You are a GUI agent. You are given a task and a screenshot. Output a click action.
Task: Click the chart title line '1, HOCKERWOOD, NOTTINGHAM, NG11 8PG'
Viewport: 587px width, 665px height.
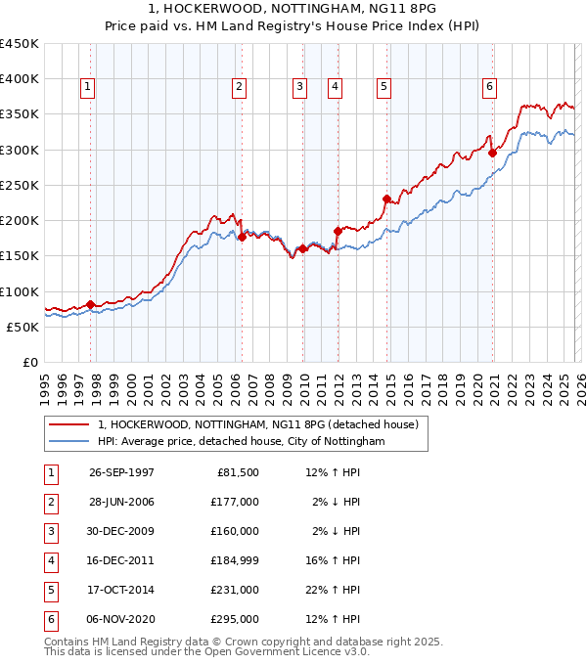point(293,9)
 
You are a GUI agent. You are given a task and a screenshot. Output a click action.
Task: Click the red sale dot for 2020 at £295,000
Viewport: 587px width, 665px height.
point(492,153)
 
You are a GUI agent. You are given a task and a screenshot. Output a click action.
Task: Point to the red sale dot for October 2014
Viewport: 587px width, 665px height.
point(386,199)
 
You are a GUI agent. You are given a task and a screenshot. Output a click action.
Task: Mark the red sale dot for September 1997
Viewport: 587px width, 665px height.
point(91,304)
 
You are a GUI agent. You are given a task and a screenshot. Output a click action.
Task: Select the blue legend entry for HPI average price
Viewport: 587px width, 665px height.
point(242,442)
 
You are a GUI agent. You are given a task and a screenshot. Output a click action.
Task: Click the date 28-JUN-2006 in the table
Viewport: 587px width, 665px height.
point(121,502)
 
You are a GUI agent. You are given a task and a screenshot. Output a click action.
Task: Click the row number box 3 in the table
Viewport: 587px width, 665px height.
point(48,531)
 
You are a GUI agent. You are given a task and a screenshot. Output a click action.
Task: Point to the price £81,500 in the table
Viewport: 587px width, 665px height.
point(236,472)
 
